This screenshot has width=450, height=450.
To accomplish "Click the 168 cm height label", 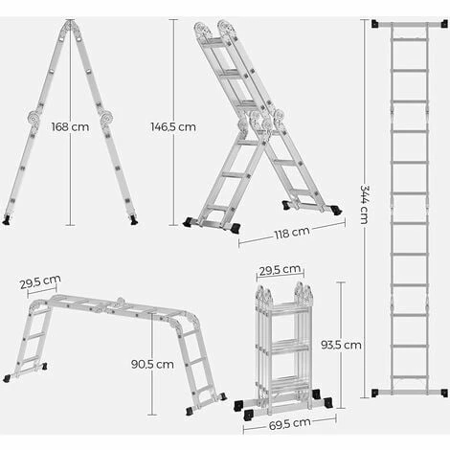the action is point(70,126).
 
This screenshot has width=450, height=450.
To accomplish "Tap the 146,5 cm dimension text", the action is point(173,126).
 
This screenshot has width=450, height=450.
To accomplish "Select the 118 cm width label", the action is point(292,233).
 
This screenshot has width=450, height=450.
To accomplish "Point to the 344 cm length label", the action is point(364,204).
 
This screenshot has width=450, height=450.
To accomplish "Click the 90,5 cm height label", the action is point(152,364).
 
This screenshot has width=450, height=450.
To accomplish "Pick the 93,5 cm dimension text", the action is point(341,345).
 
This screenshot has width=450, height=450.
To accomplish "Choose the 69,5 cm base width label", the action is point(290,424).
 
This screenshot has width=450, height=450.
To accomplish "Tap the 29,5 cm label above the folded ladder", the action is point(280,270).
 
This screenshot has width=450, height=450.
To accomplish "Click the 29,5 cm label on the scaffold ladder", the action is point(40,281).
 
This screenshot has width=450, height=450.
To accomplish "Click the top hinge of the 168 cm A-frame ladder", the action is point(71,25).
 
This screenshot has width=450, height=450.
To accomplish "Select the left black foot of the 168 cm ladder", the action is point(6,219).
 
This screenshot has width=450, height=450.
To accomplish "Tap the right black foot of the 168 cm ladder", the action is point(134,219).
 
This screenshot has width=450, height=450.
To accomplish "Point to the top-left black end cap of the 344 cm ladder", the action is point(375,24).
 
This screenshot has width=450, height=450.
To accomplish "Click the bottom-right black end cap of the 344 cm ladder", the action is point(444,393).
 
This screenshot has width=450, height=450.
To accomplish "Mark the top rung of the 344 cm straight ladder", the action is point(410,39).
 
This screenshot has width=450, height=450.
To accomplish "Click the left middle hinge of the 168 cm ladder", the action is point(34,118).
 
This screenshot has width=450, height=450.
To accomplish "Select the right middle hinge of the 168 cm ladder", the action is point(106,117).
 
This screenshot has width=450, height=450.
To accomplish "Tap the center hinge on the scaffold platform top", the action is point(121,302).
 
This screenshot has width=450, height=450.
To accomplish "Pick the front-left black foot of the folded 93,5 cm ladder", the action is point(249,415).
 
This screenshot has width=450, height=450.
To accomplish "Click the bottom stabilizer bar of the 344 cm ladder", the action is point(410,393).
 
